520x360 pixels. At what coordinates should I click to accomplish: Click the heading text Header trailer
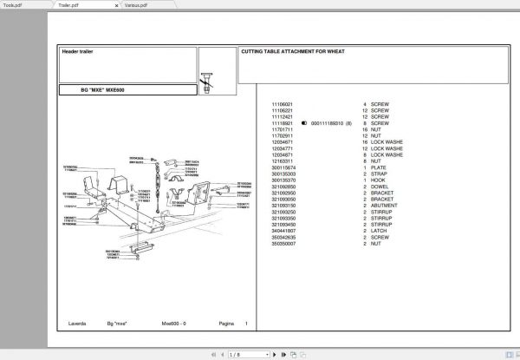(77, 52)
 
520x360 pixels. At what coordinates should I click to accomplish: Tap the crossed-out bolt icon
(207, 83)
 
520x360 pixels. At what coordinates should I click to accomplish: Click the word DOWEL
(380, 188)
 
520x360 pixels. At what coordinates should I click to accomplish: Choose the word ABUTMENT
(384, 208)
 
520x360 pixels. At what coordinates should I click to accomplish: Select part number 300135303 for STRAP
(284, 175)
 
